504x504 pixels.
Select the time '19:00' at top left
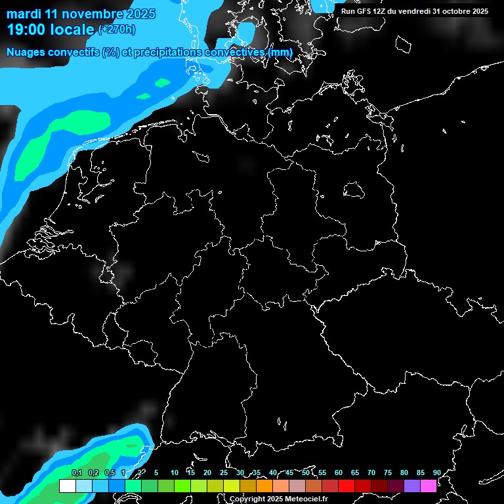click(26, 29)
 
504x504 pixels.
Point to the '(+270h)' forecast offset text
click(117, 29)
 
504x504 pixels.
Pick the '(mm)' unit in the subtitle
click(280, 52)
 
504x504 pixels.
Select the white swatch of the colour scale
click(67, 486)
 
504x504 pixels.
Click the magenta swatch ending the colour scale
click(428, 486)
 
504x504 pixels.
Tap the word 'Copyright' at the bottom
click(247, 499)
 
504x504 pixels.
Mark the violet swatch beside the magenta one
click(411, 486)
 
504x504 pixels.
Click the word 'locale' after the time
click(71, 29)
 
